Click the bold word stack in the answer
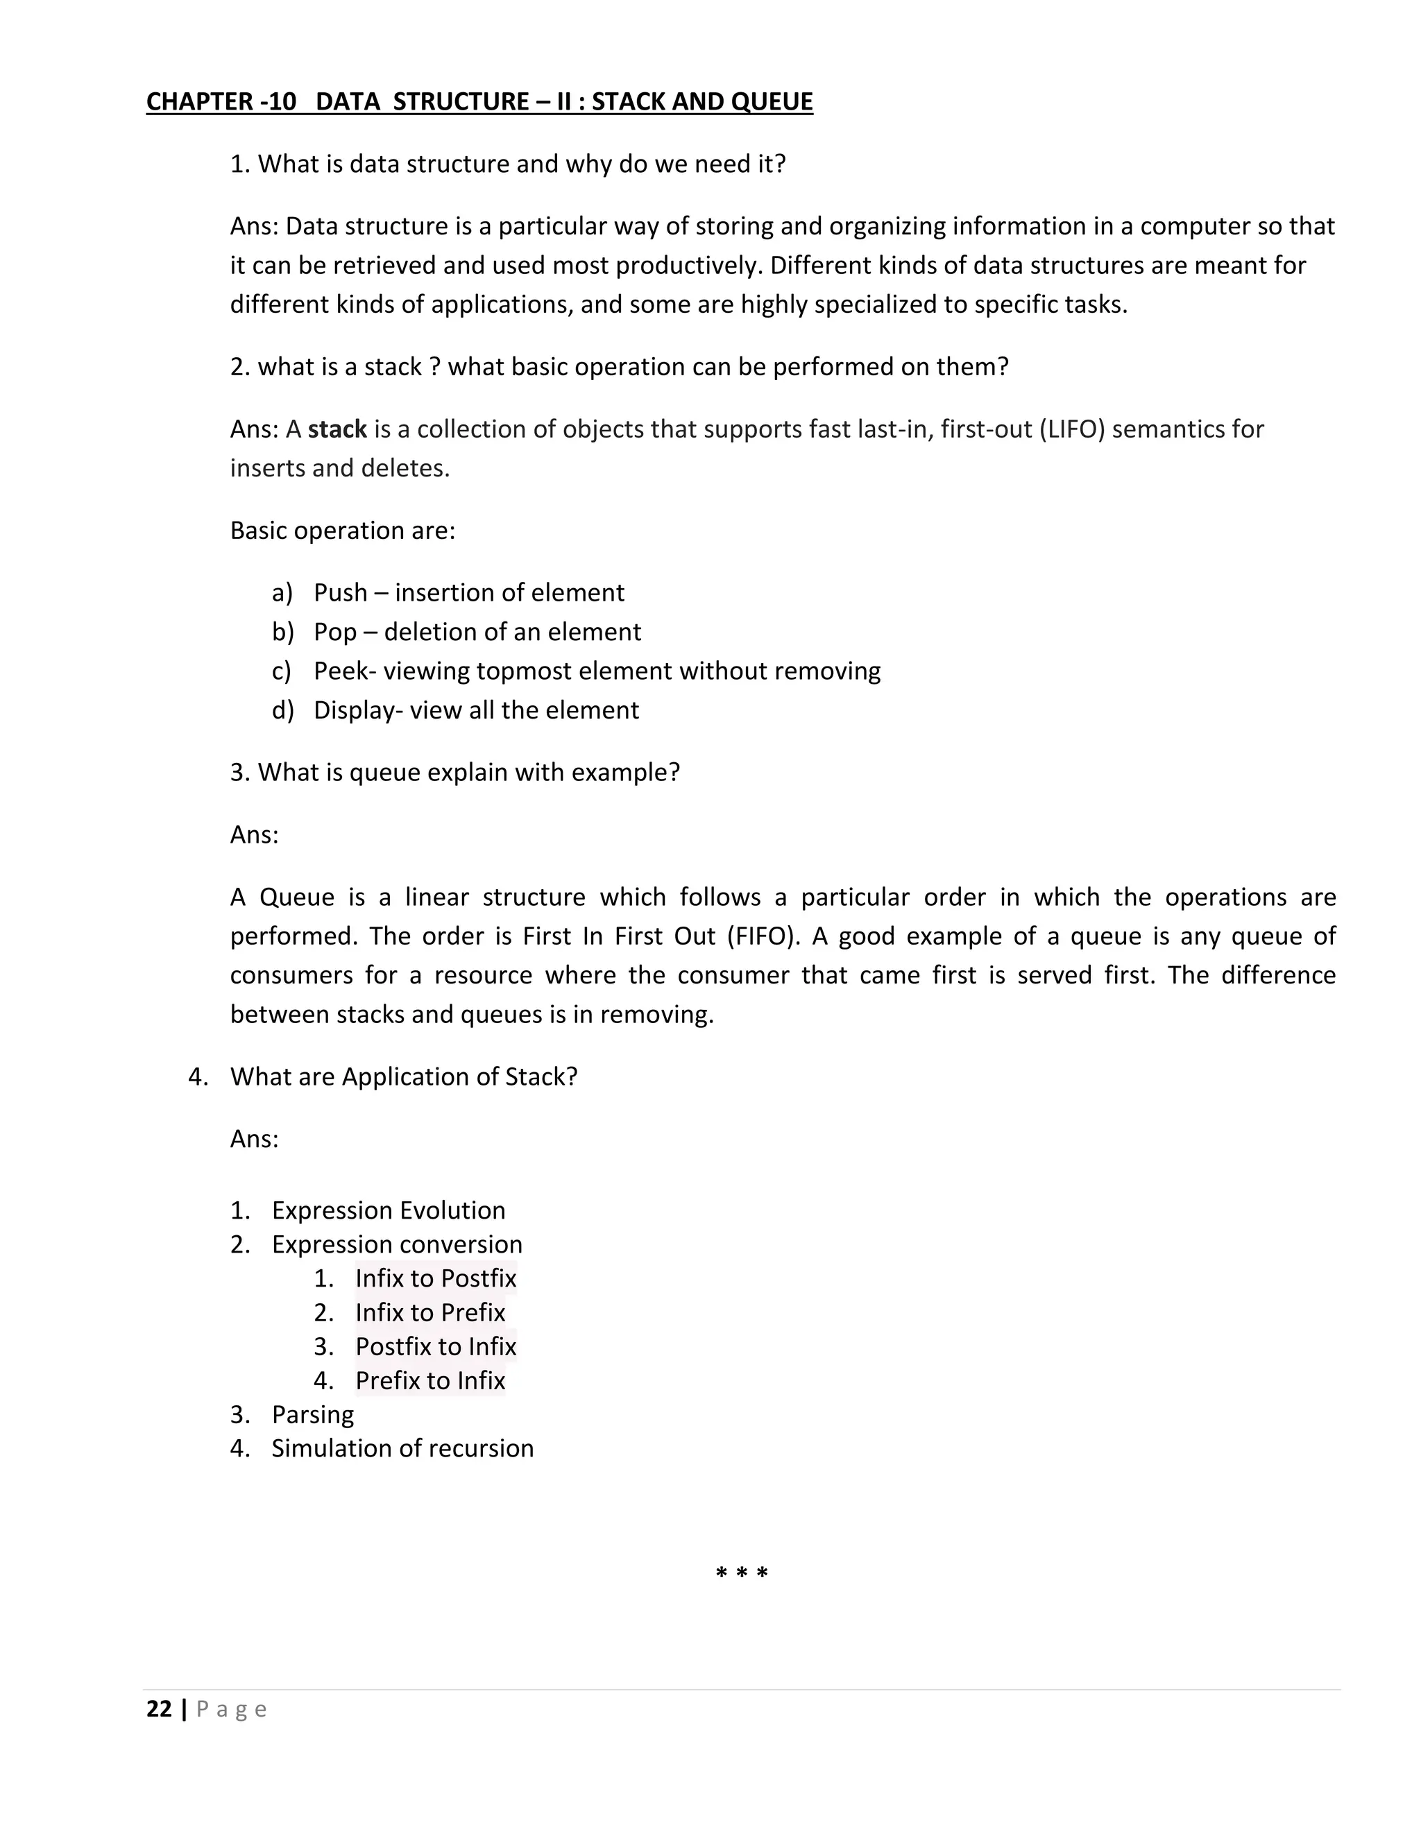337,429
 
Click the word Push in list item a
340,592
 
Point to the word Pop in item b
335,632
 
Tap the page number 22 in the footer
159,1708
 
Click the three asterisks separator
742,1573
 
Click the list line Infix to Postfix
435,1278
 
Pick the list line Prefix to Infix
429,1380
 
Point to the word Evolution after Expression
452,1210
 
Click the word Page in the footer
232,1709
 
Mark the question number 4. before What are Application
198,1077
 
